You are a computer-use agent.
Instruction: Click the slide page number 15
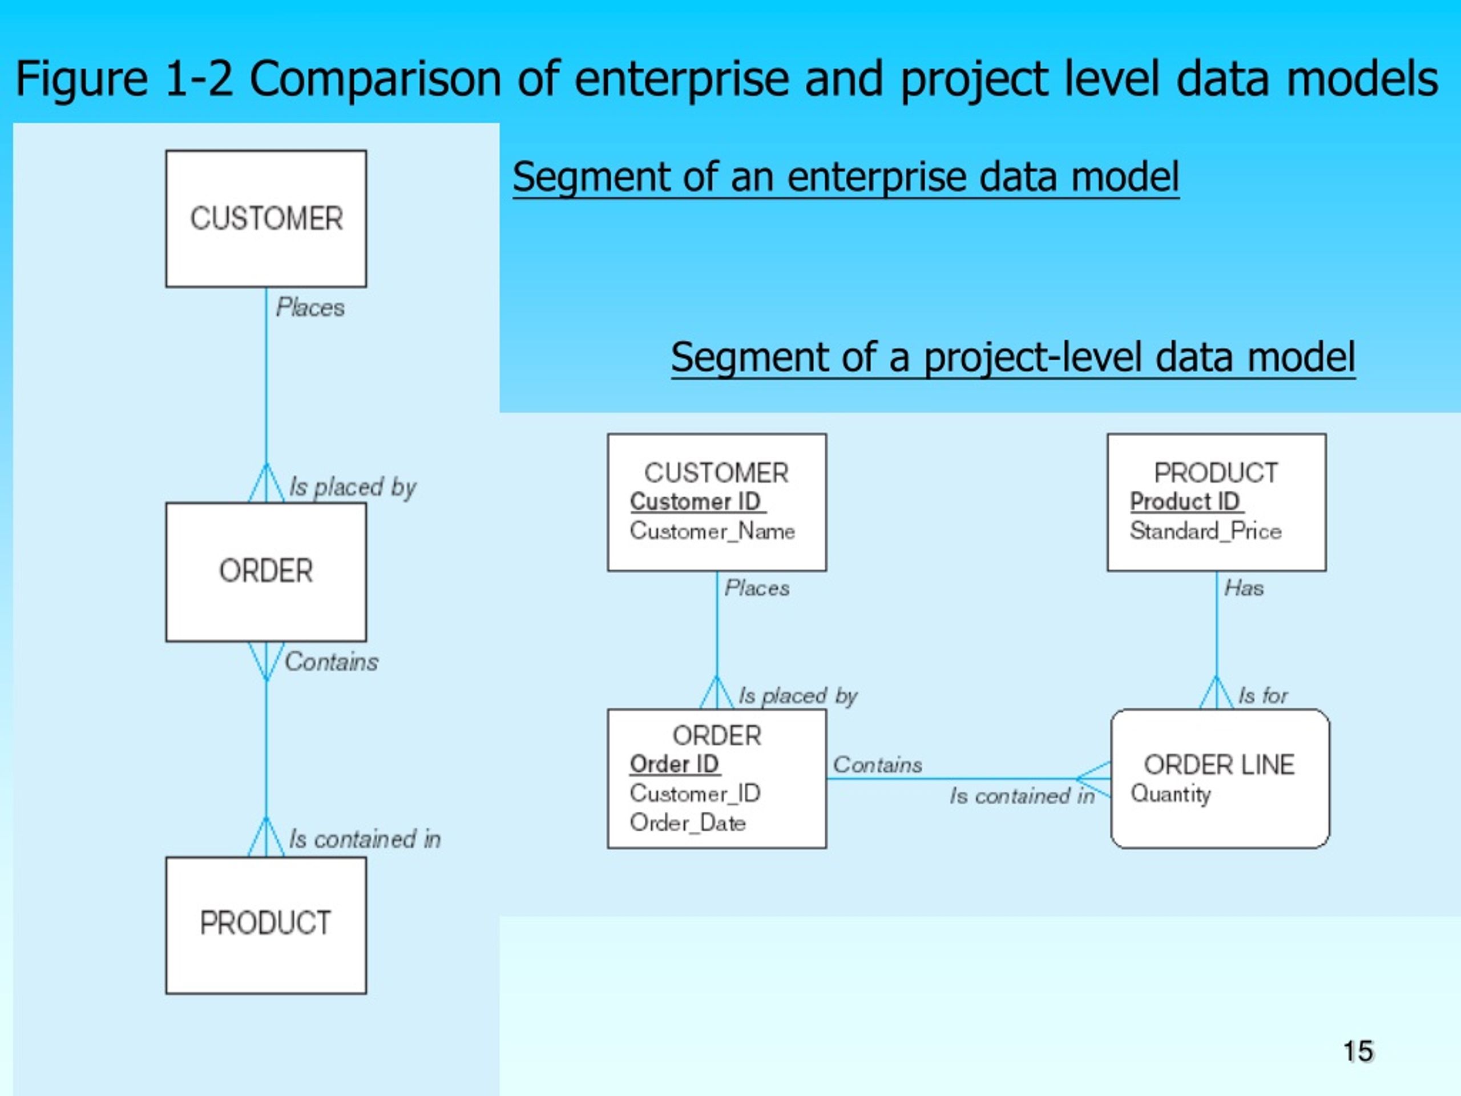click(1358, 1051)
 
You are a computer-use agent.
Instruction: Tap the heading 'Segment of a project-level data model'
click(1013, 357)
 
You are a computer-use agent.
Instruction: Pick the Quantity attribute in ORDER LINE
click(1171, 793)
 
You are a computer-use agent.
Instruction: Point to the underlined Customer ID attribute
click(697, 501)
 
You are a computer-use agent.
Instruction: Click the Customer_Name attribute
click(712, 531)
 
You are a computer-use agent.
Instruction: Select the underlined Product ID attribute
click(1186, 501)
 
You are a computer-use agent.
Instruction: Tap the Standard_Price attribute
click(1205, 531)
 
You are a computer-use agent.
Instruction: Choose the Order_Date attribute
click(688, 823)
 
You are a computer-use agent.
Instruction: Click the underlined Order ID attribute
click(675, 764)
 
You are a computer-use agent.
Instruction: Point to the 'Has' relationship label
click(1244, 588)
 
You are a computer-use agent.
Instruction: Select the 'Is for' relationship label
click(1263, 695)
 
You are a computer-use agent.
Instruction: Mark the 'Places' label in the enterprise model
click(310, 307)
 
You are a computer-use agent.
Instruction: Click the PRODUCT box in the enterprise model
click(266, 925)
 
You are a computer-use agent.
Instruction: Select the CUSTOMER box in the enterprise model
click(266, 219)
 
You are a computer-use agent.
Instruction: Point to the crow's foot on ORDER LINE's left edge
click(1094, 779)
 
